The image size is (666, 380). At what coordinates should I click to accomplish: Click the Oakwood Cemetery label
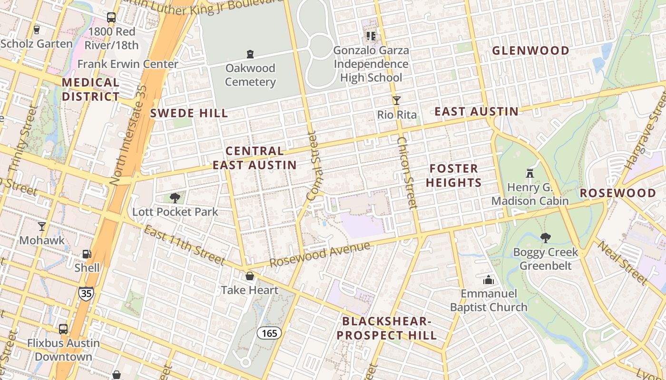pyautogui.click(x=250, y=75)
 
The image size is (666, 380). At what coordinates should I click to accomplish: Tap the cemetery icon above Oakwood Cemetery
pyautogui.click(x=250, y=54)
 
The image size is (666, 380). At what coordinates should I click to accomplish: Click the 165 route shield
pyautogui.click(x=269, y=333)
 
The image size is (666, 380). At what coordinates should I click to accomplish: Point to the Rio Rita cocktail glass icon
pyautogui.click(x=397, y=101)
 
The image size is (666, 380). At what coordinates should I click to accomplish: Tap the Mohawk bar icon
pyautogui.click(x=42, y=226)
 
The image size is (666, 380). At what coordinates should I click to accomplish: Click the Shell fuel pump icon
pyautogui.click(x=87, y=254)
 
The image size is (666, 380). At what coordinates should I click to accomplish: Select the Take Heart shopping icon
pyautogui.click(x=249, y=276)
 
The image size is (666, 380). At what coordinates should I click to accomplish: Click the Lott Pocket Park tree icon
pyautogui.click(x=175, y=198)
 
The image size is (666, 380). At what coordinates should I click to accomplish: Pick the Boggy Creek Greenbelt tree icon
pyautogui.click(x=545, y=238)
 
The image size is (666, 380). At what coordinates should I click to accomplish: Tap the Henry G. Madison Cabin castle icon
pyautogui.click(x=530, y=173)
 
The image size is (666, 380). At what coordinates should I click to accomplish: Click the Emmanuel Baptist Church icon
pyautogui.click(x=489, y=280)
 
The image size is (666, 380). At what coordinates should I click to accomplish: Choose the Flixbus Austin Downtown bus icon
pyautogui.click(x=63, y=329)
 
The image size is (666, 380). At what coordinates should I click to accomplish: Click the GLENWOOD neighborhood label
pyautogui.click(x=530, y=51)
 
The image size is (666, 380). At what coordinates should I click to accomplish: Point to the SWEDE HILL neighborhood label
pyautogui.click(x=189, y=113)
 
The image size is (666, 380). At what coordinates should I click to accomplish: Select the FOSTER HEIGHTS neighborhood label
pyautogui.click(x=453, y=176)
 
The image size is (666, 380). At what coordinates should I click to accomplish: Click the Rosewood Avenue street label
pyautogui.click(x=320, y=255)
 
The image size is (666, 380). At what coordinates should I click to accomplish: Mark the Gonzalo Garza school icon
pyautogui.click(x=371, y=36)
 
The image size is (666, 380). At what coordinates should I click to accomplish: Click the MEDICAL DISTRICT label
pyautogui.click(x=90, y=89)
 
